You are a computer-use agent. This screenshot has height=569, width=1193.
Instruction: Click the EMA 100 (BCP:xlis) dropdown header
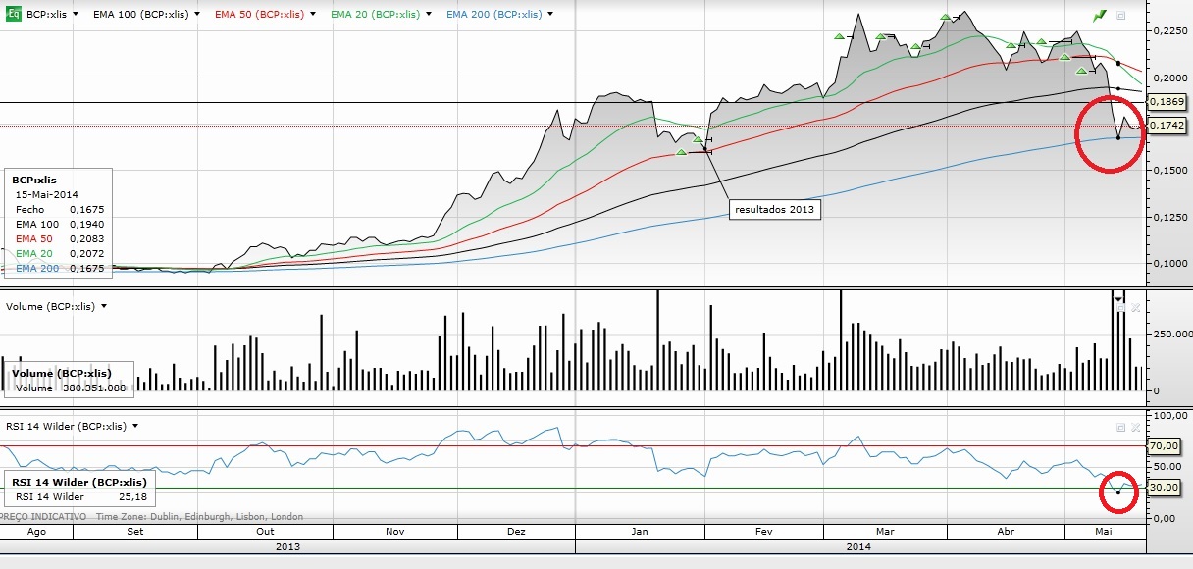(x=142, y=15)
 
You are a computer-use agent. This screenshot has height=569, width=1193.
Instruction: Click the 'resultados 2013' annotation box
(x=774, y=209)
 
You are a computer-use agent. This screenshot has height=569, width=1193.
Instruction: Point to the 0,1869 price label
(x=1167, y=102)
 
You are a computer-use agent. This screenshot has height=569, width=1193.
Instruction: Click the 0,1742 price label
(x=1167, y=125)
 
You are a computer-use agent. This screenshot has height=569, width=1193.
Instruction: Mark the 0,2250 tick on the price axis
(x=1168, y=31)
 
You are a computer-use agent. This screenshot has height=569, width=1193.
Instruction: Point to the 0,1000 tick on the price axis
(x=1168, y=263)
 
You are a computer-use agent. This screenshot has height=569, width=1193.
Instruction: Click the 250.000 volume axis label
(x=1171, y=335)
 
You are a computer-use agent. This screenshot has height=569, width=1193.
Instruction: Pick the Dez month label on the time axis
(x=516, y=531)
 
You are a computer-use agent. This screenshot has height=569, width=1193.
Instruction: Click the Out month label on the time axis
(x=265, y=531)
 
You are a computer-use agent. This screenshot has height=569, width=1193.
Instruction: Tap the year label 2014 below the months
(x=858, y=546)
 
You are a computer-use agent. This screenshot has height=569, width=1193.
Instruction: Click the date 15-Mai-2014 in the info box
(x=46, y=195)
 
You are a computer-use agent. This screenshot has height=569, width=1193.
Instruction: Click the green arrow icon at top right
(x=1100, y=15)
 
